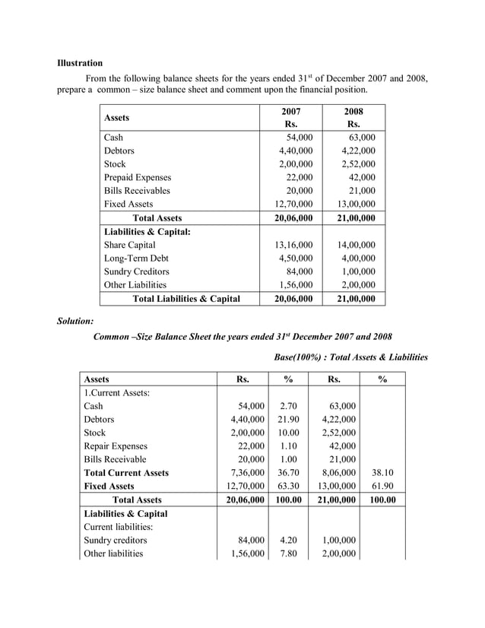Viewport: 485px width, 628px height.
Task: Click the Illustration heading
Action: (80, 62)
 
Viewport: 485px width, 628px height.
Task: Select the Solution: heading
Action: (75, 322)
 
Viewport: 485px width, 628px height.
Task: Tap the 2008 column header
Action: (353, 112)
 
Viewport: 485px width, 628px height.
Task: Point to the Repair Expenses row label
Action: (117, 446)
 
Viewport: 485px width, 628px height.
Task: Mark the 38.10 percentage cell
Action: (382, 472)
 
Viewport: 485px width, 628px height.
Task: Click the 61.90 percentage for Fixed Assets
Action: (382, 486)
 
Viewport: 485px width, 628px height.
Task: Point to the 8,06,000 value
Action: (336, 472)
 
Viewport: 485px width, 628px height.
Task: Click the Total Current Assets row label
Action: (126, 472)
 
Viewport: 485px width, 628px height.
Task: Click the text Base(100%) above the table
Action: (297, 357)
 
